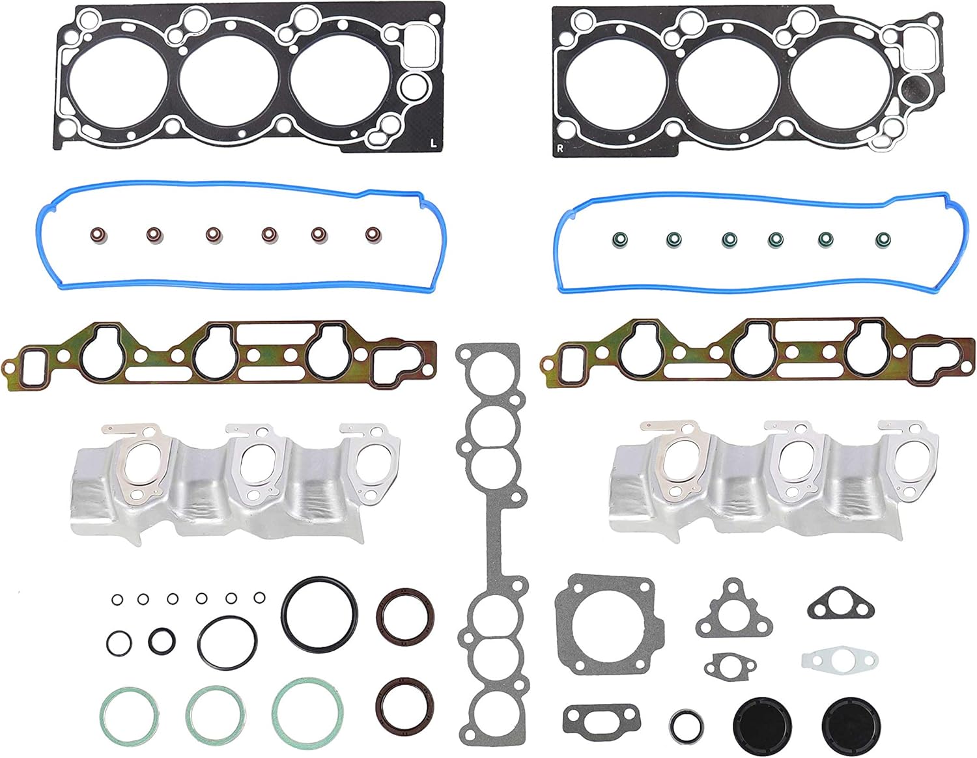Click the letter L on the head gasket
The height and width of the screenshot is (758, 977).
[433, 144]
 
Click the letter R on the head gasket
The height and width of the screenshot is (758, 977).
[559, 148]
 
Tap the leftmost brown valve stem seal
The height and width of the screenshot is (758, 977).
[98, 235]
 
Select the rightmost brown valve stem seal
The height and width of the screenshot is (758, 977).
[373, 234]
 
